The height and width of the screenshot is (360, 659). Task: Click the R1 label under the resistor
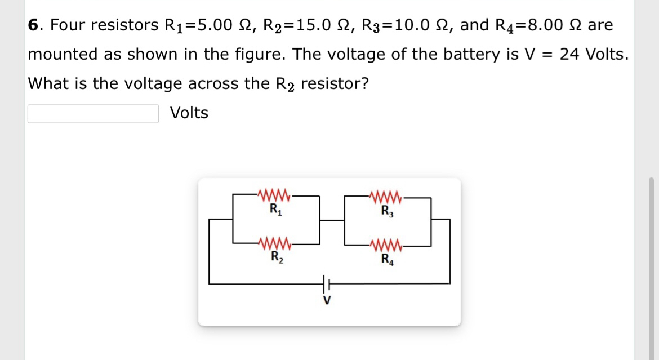click(x=274, y=212)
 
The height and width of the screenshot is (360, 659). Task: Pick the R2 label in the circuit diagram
click(x=274, y=260)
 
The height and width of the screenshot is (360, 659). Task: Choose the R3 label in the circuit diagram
click(x=386, y=212)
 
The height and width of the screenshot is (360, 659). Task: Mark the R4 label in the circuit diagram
click(x=386, y=260)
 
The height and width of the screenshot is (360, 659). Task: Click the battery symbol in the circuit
click(x=326, y=283)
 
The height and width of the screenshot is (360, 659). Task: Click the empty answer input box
click(x=93, y=113)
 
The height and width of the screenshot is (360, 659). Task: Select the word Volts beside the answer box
click(x=189, y=113)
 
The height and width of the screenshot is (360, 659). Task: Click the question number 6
click(x=34, y=25)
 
